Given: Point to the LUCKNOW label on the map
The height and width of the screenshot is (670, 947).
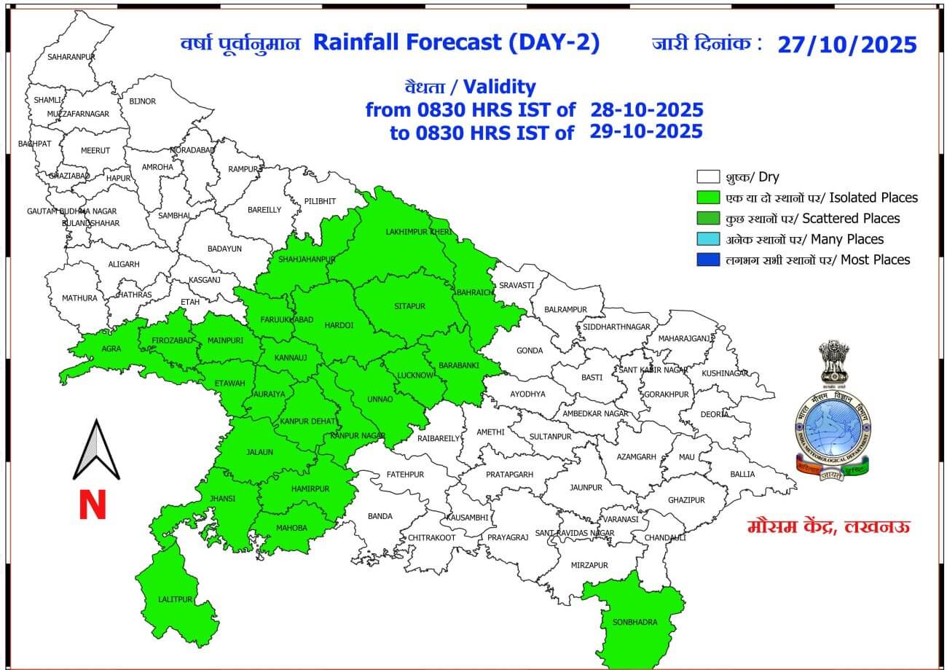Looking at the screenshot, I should point(415,375).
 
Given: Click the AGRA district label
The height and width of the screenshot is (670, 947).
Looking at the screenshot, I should point(111,348).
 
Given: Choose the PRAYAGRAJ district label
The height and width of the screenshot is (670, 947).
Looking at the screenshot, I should point(507,537).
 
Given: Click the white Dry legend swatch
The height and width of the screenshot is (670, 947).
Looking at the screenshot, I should point(708,177).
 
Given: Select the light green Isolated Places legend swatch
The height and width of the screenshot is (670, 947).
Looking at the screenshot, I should point(708,198).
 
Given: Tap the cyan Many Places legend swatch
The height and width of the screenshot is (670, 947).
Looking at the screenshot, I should point(708,239).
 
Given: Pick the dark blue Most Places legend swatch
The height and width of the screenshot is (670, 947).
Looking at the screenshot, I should point(708,260).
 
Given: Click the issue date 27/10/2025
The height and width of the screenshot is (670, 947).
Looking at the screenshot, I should point(846,44).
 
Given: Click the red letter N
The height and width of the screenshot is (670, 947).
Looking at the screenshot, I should point(93,505).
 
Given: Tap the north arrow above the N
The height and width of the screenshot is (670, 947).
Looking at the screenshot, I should point(96,451).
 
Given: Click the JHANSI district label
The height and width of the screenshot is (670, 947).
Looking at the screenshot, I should point(223,498).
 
